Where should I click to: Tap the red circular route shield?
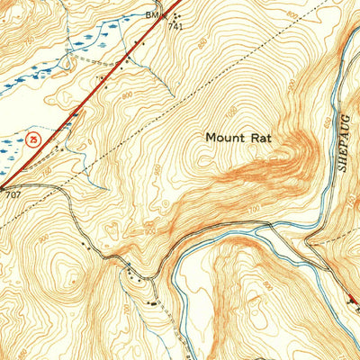33,138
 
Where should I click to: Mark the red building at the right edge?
353,301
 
